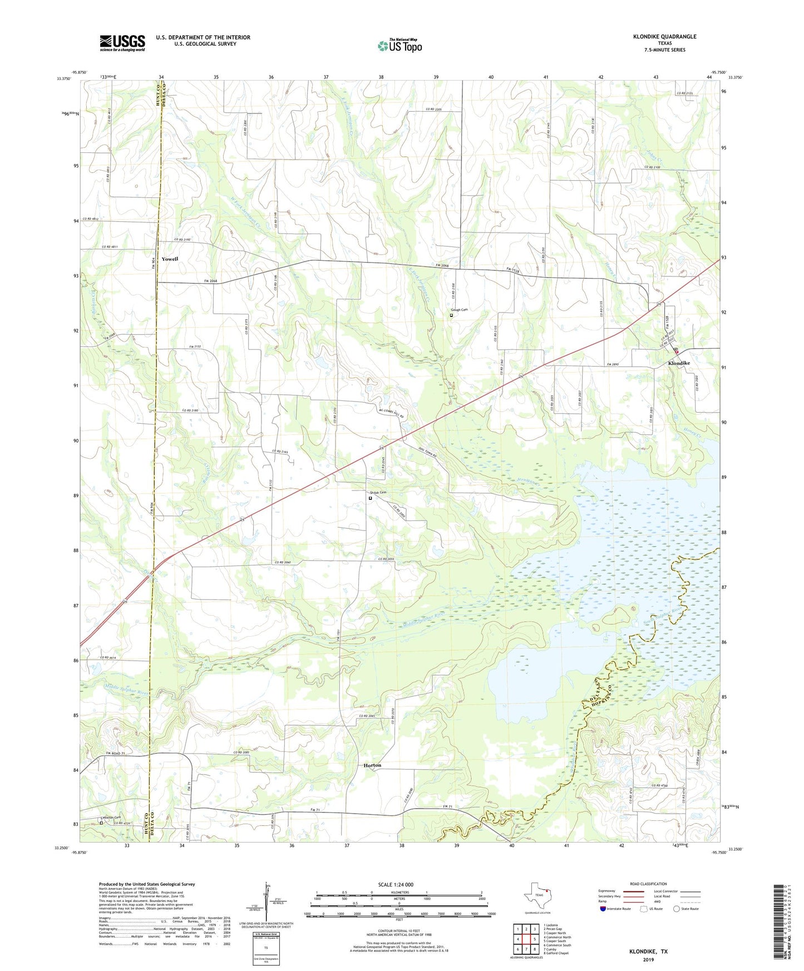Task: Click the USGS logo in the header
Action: click(122, 43)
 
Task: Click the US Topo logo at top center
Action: click(399, 46)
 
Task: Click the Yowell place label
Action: click(170, 259)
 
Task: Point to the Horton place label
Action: click(372, 765)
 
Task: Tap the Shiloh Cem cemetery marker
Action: click(370, 498)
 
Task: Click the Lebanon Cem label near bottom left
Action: click(110, 818)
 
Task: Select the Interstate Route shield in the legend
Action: click(603, 909)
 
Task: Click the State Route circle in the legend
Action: click(677, 909)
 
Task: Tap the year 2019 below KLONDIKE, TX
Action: click(648, 959)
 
